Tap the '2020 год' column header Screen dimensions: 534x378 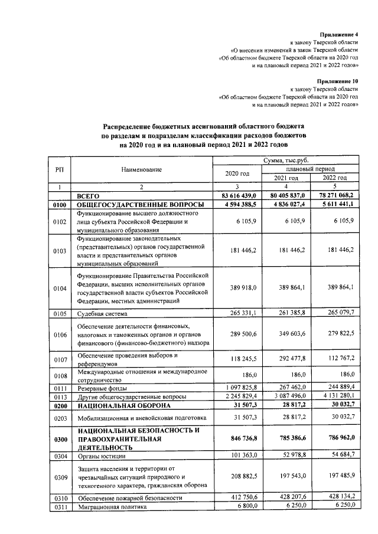[x=237, y=173]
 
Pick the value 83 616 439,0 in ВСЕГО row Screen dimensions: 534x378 [x=237, y=195]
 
